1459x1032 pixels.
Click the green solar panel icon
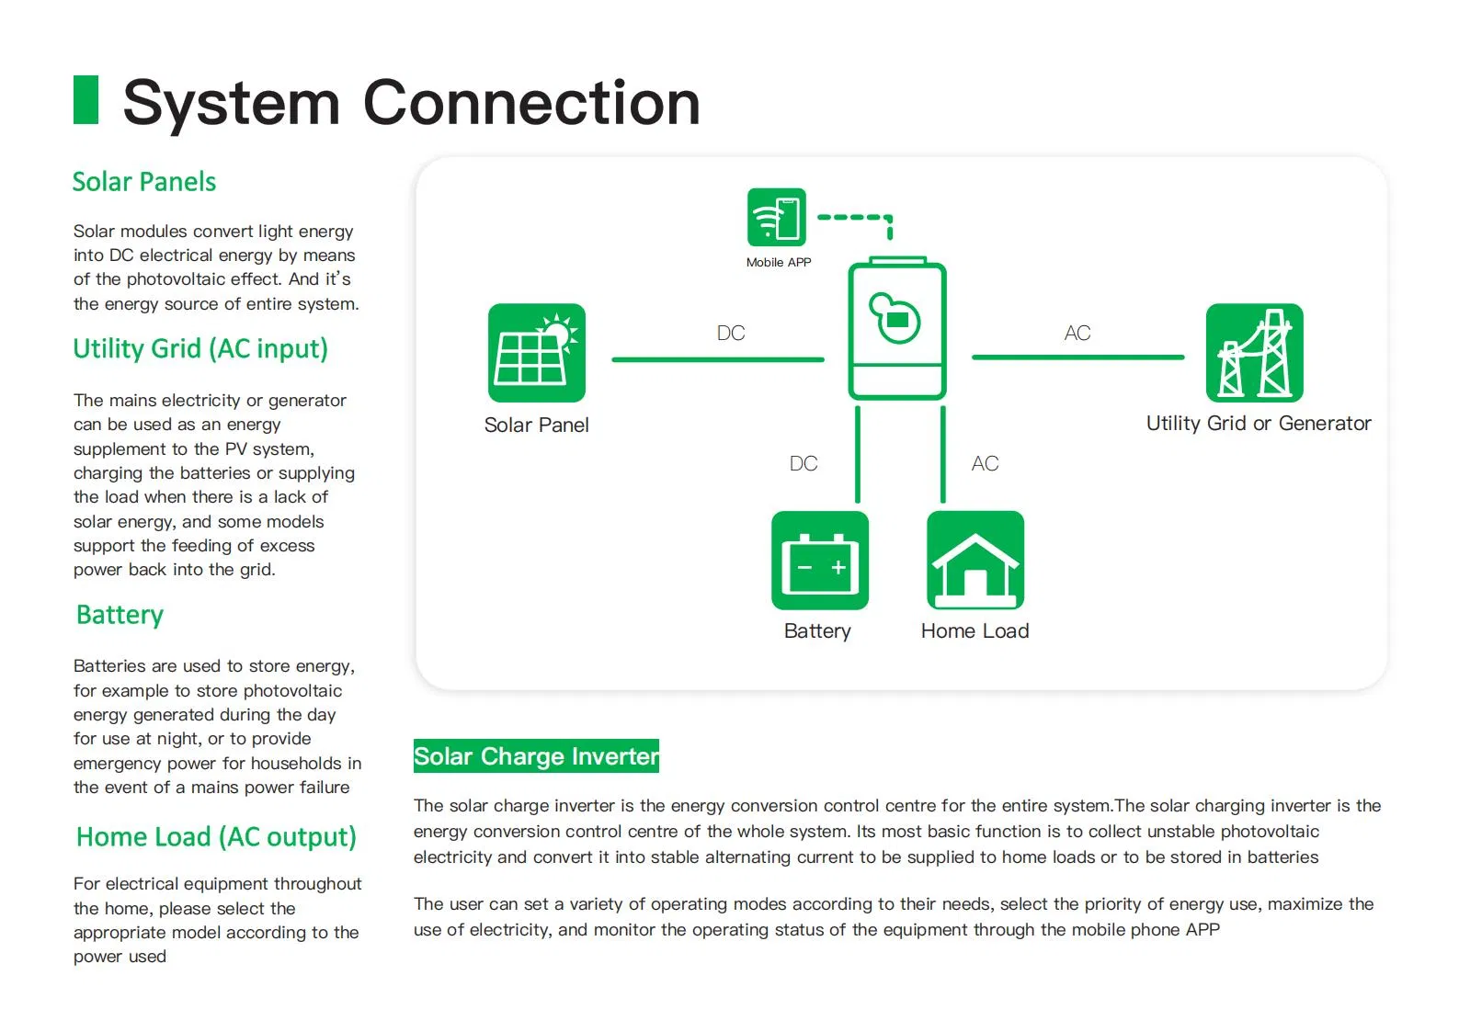pyautogui.click(x=536, y=353)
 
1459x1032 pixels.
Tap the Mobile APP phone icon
pyautogui.click(x=777, y=218)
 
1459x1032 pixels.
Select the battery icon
pyautogui.click(x=819, y=561)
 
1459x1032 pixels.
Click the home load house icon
pyautogui.click(x=975, y=561)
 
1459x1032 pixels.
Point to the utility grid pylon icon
pyautogui.click(x=1254, y=353)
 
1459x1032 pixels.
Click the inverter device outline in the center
pyautogui.click(x=896, y=331)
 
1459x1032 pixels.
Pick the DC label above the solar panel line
pyautogui.click(x=731, y=333)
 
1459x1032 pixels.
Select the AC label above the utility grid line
pyautogui.click(x=1077, y=333)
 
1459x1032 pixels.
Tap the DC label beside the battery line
pyautogui.click(x=803, y=463)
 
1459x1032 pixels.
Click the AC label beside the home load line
pyautogui.click(x=985, y=463)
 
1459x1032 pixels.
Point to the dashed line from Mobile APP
pyautogui.click(x=852, y=218)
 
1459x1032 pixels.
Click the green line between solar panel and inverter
pyautogui.click(x=717, y=359)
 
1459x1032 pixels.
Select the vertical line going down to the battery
pyautogui.click(x=858, y=455)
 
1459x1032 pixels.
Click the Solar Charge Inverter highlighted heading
pyautogui.click(x=536, y=756)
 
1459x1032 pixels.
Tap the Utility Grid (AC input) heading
pyautogui.click(x=200, y=349)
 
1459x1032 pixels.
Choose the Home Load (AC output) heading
pyautogui.click(x=216, y=837)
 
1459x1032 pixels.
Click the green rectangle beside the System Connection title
pyautogui.click(x=85, y=99)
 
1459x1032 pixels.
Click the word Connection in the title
pyautogui.click(x=531, y=102)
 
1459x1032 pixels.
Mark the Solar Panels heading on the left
pyautogui.click(x=144, y=182)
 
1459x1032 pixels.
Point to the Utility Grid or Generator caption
pyautogui.click(x=1258, y=424)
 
